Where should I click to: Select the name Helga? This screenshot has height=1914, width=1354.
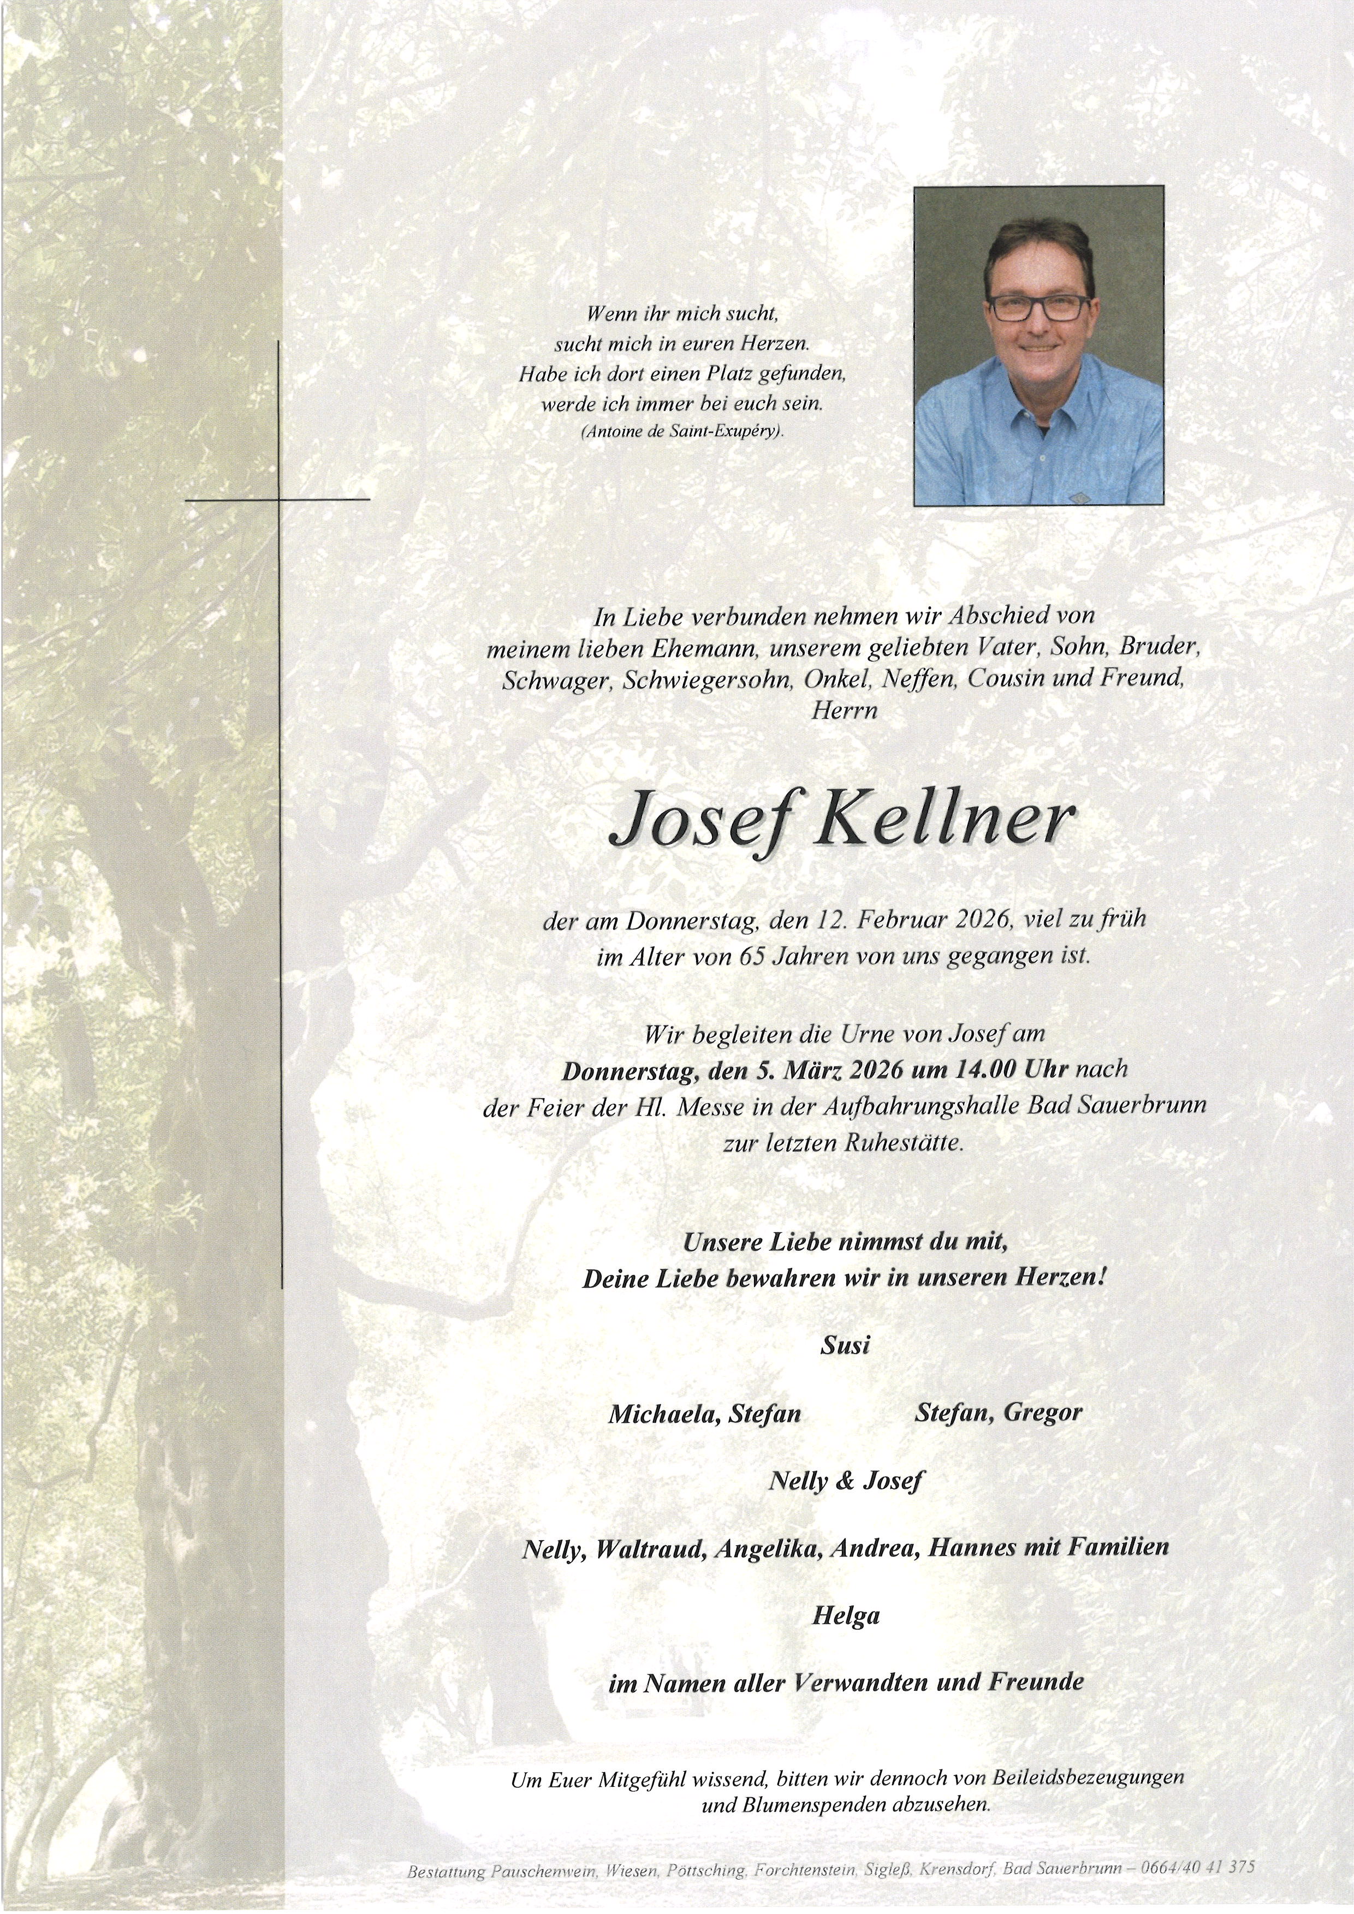click(x=845, y=1617)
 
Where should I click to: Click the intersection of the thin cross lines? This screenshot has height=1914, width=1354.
click(x=278, y=499)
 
